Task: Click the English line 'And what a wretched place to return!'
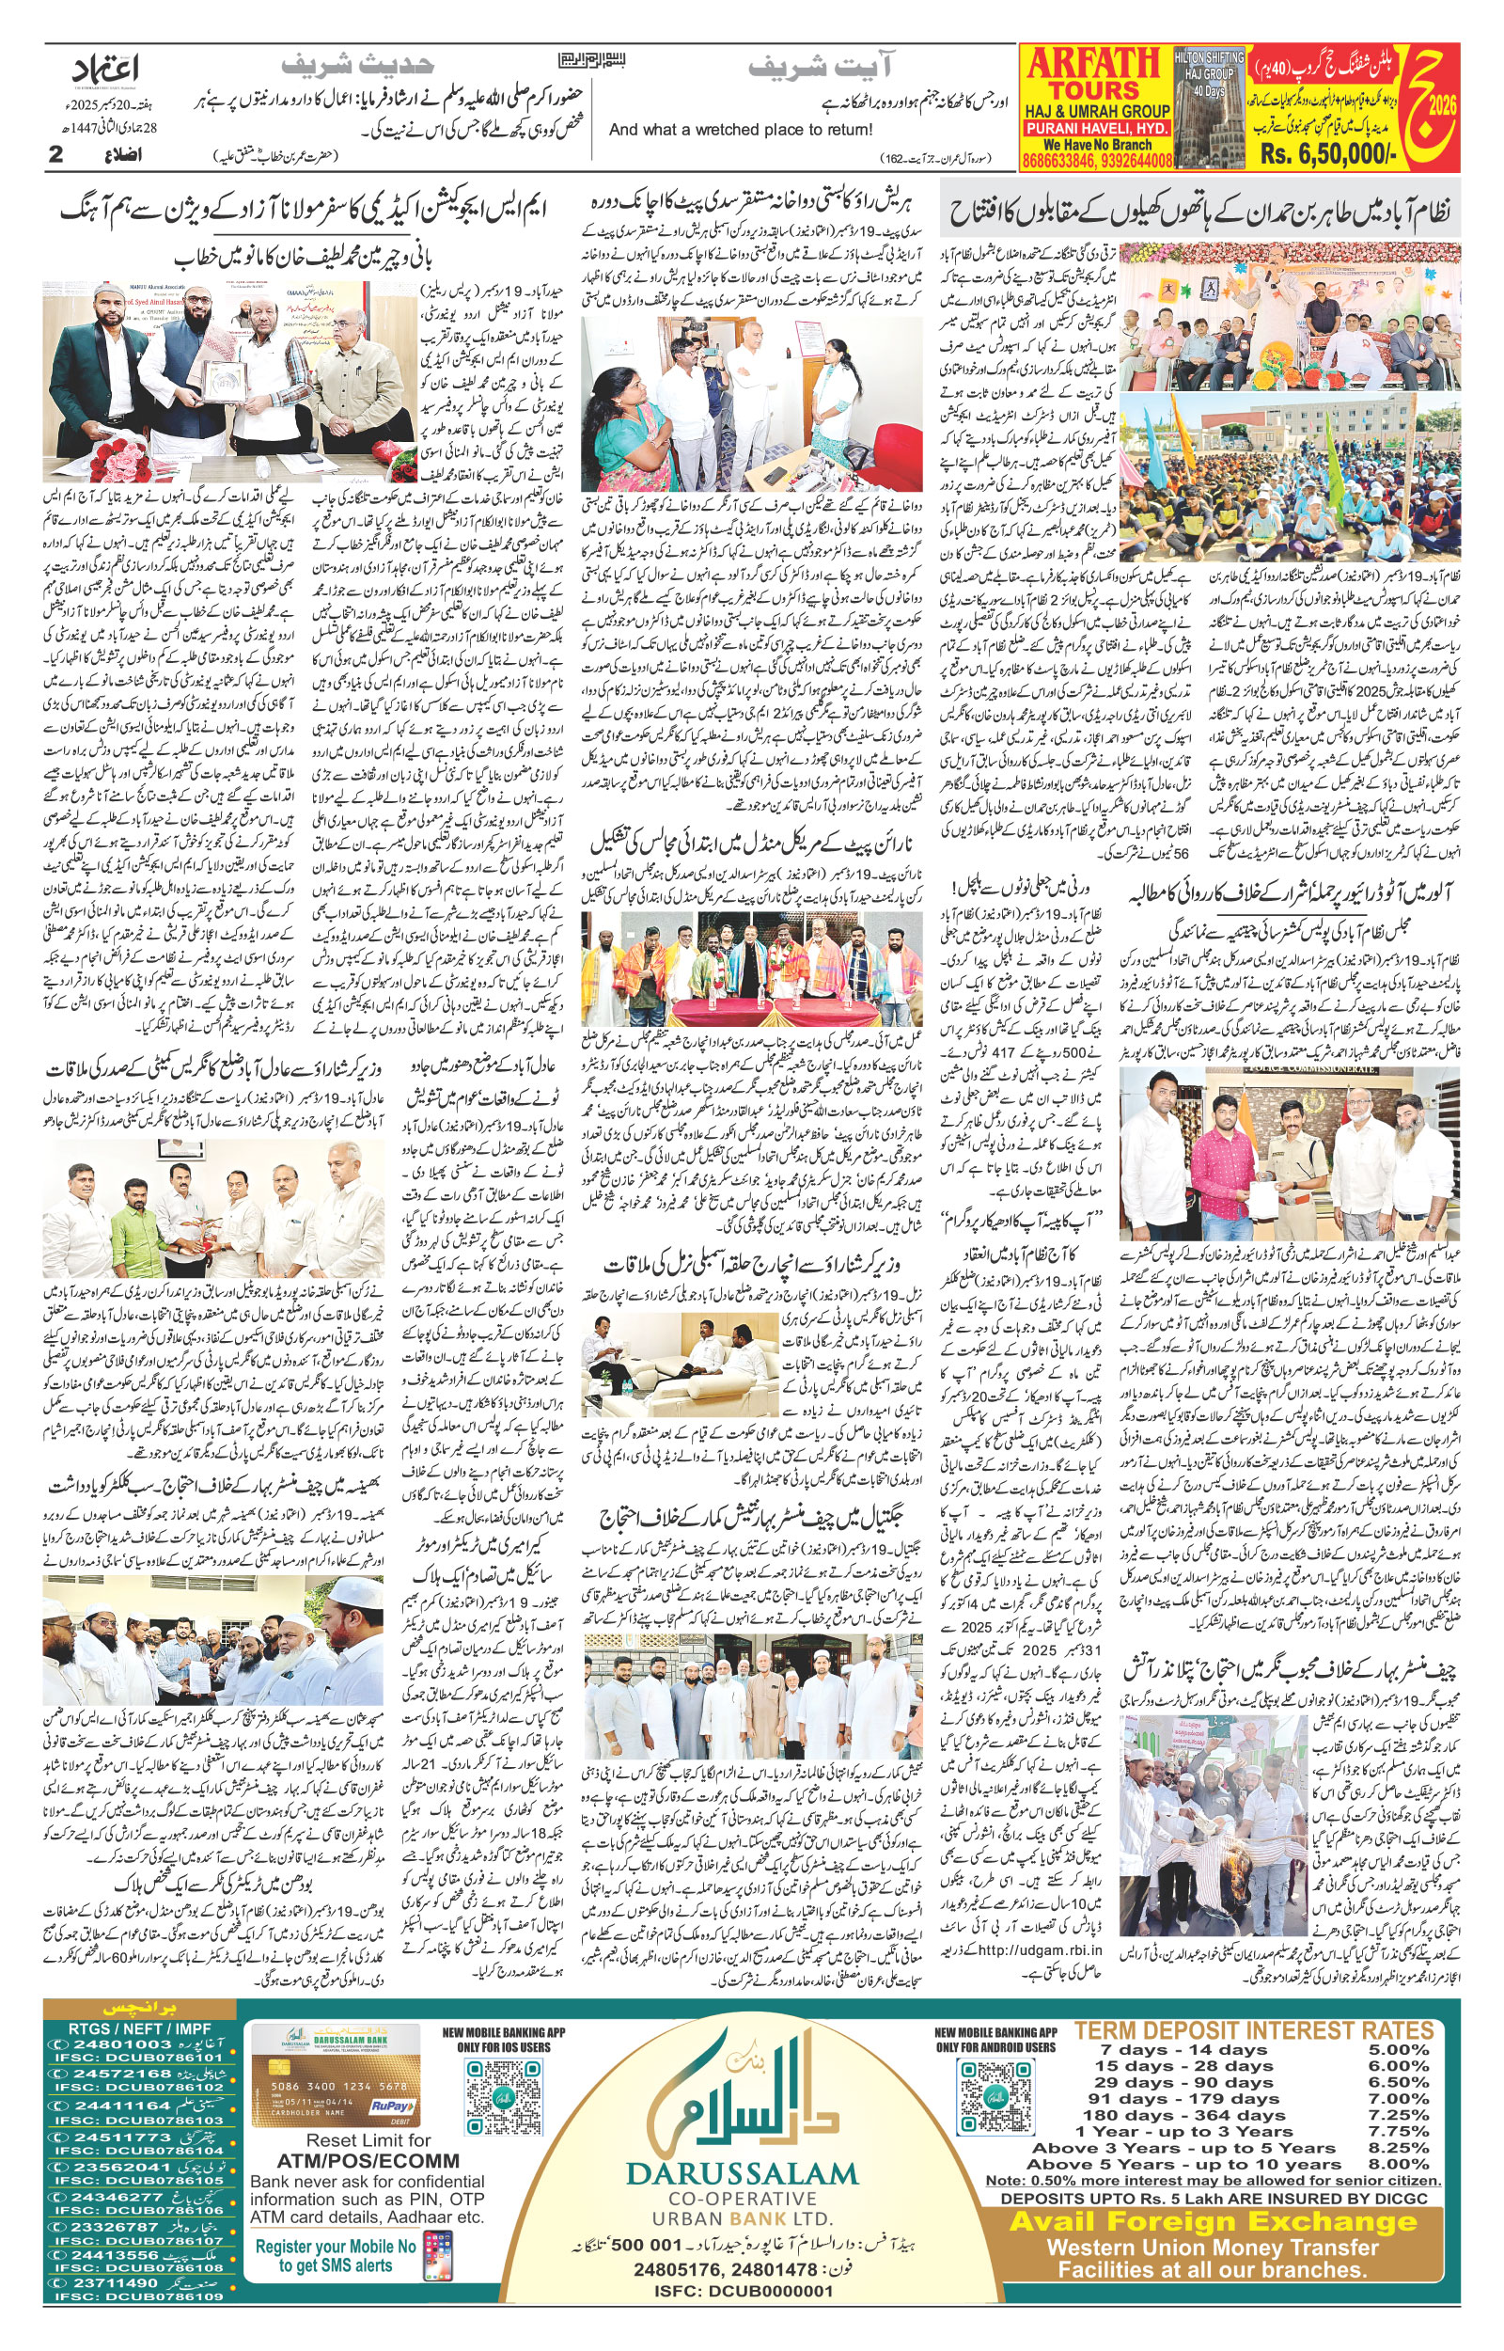point(741,130)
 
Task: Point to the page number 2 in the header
point(55,155)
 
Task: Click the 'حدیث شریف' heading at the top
point(356,66)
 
